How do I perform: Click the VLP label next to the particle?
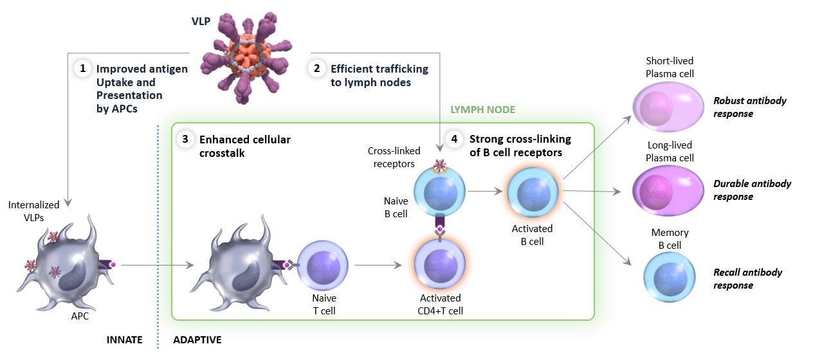coord(201,21)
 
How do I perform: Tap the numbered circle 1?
coord(83,68)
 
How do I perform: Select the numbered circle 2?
coord(317,68)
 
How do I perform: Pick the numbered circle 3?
coord(185,139)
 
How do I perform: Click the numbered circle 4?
coord(454,139)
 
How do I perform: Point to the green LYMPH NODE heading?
coord(482,109)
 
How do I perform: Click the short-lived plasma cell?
coord(668,107)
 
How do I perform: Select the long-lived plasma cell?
coord(668,190)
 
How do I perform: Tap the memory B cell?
coord(670,278)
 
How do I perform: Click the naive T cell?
coord(323,265)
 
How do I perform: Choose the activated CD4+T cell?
coord(439,265)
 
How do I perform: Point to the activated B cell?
coord(533,193)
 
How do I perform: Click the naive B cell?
coord(439,192)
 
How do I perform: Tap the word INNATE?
coord(125,339)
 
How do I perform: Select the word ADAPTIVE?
coord(197,339)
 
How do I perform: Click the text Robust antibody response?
coord(750,107)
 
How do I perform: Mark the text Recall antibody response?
coord(747,279)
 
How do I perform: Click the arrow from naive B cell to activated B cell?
coord(485,192)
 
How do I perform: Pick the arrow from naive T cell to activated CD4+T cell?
coord(378,265)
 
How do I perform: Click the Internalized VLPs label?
coord(33,212)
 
